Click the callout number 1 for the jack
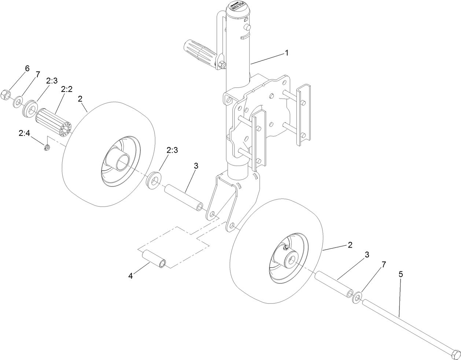(x=287, y=53)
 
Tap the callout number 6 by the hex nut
(x=27, y=68)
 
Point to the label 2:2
(x=67, y=89)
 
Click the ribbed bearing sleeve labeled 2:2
(x=54, y=122)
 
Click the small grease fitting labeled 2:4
(x=46, y=148)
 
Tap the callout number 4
(x=130, y=276)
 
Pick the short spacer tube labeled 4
(x=154, y=259)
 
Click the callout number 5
(x=401, y=274)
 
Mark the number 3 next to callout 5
(x=367, y=254)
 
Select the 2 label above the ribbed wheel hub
(x=80, y=99)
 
